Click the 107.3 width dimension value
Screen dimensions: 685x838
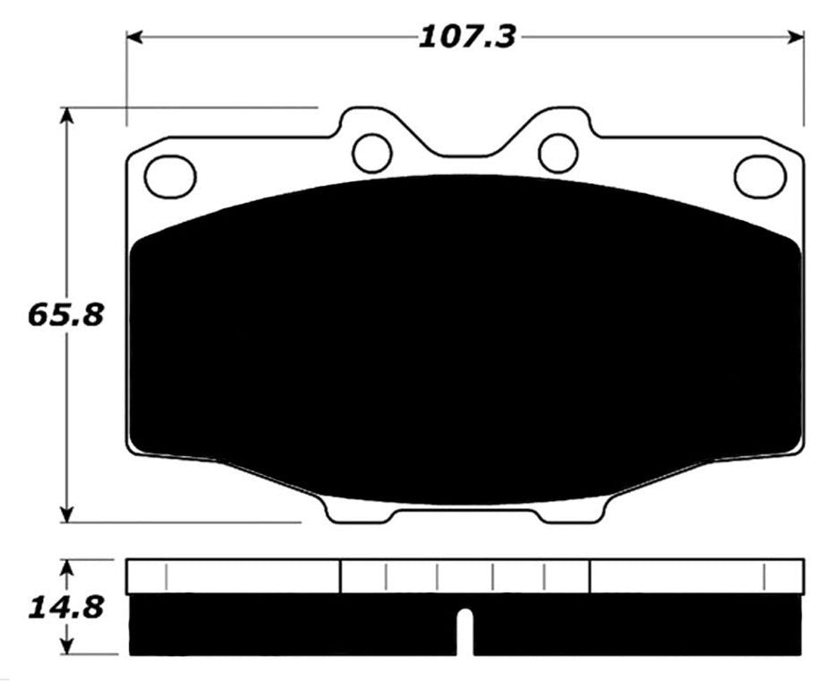[465, 37]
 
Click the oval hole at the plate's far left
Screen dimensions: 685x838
[170, 176]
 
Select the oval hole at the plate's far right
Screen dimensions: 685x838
[759, 176]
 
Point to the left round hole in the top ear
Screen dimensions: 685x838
[371, 153]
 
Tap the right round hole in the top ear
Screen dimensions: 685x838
[557, 151]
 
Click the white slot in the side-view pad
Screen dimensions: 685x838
[465, 632]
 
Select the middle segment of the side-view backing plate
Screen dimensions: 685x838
[465, 576]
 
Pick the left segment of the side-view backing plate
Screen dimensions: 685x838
[233, 576]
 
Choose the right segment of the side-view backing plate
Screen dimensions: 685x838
[696, 576]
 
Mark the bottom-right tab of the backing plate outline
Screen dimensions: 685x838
[574, 513]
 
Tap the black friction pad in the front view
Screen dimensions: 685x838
[465, 341]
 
